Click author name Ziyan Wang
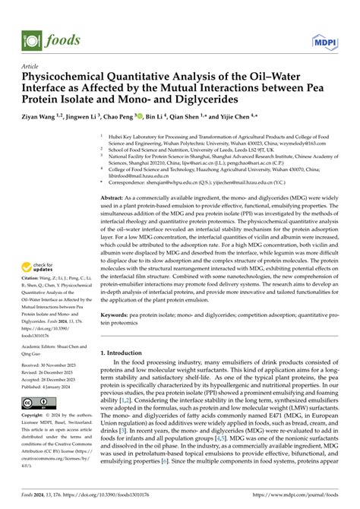pyautogui.click(x=43, y=118)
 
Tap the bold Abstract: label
pyautogui.click(x=115, y=197)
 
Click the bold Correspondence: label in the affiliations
pyautogui.click(x=134, y=182)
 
